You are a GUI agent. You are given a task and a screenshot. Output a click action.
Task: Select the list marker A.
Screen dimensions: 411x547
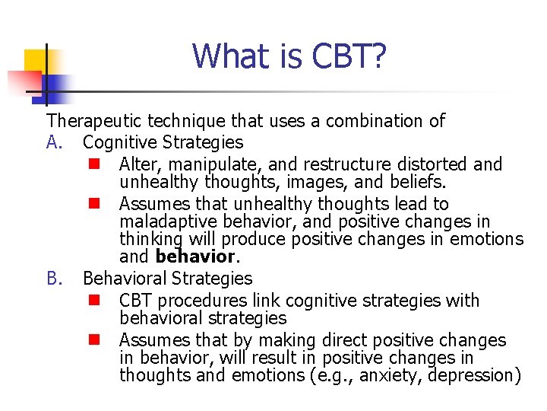55,142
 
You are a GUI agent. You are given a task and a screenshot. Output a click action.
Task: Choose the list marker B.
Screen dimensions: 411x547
55,279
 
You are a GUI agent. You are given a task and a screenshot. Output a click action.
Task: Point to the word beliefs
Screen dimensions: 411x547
419,183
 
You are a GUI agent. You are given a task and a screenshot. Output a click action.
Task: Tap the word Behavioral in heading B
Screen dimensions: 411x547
124,279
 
